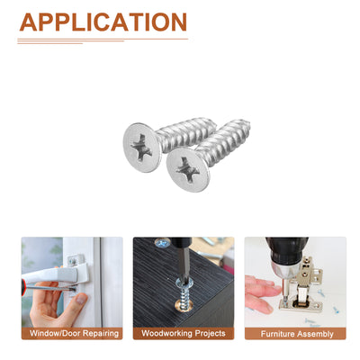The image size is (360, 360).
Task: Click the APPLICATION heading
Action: [103, 22]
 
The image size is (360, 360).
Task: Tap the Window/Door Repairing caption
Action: [74, 333]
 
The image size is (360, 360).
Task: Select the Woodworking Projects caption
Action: [184, 333]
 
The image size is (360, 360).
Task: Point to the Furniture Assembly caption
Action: [297, 334]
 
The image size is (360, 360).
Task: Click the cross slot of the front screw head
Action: [188, 170]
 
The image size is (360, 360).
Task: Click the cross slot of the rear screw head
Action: [141, 148]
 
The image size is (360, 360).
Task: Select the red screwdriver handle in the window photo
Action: [23, 287]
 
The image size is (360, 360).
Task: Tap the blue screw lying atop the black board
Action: [162, 242]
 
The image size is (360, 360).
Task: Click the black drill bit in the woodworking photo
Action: [182, 258]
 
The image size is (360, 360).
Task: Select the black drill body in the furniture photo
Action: [285, 250]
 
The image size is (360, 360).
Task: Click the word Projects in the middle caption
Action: [210, 334]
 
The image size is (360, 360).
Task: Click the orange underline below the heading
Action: [103, 40]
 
